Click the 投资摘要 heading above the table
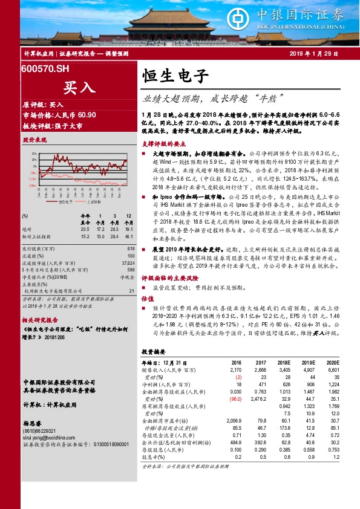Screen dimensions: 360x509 [x=153, y=351]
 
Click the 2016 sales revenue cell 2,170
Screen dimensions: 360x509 [x=235, y=369]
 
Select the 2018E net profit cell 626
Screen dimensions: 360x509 [x=284, y=384]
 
